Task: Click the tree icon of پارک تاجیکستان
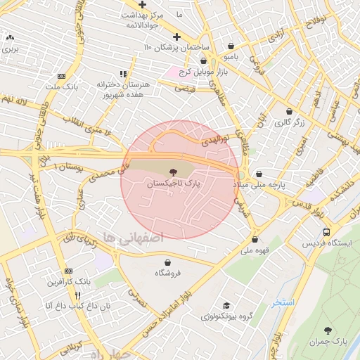point(173,171)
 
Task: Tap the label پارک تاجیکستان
point(173,183)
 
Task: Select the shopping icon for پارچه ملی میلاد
point(259,173)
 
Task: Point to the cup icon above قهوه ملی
point(255,239)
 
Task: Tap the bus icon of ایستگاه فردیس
point(326,232)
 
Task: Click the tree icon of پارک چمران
point(328,330)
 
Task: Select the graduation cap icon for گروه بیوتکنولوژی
point(226,305)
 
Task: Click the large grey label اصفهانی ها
point(133,238)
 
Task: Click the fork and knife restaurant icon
point(79,295)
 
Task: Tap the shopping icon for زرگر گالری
point(289,110)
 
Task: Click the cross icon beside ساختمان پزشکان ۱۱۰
point(176,36)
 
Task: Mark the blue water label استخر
point(283,302)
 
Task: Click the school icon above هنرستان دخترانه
point(124,73)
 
